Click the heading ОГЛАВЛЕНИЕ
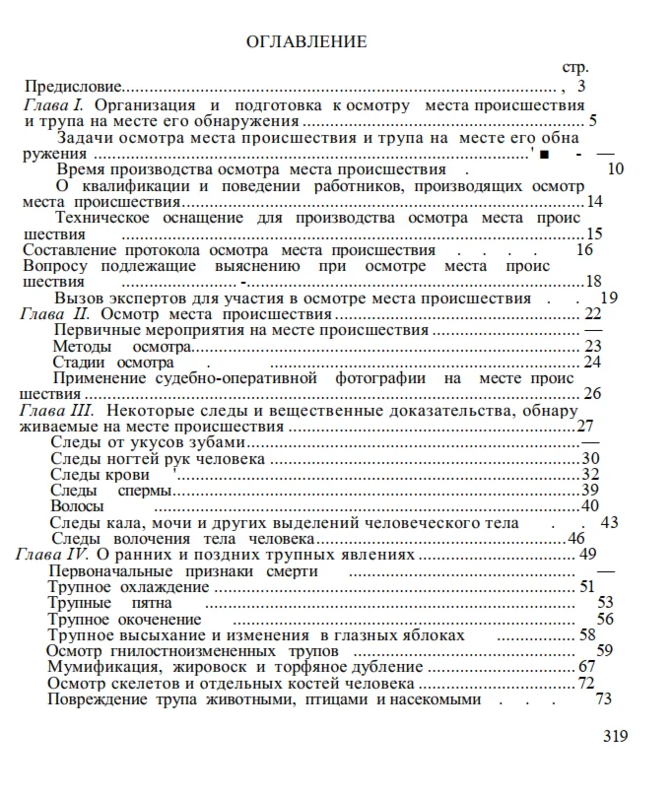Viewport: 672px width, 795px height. pyautogui.click(x=305, y=41)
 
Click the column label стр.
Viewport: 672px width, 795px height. pyautogui.click(x=574, y=68)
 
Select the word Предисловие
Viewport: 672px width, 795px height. pyautogui.click(x=73, y=87)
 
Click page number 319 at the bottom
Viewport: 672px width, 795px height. pyautogui.click(x=614, y=736)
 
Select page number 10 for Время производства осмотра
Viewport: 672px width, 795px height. pyautogui.click(x=616, y=168)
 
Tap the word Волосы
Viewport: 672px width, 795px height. pyautogui.click(x=77, y=506)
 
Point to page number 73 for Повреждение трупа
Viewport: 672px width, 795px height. pyautogui.click(x=604, y=699)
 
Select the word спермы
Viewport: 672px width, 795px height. pyautogui.click(x=145, y=491)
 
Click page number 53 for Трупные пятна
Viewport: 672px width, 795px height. pyautogui.click(x=605, y=603)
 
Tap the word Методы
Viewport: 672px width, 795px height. pyautogui.click(x=82, y=346)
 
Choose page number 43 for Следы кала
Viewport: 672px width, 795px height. pyautogui.click(x=609, y=523)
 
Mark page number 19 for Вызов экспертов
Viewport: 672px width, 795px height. pyautogui.click(x=608, y=298)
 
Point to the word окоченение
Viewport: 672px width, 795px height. pyautogui.click(x=162, y=619)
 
